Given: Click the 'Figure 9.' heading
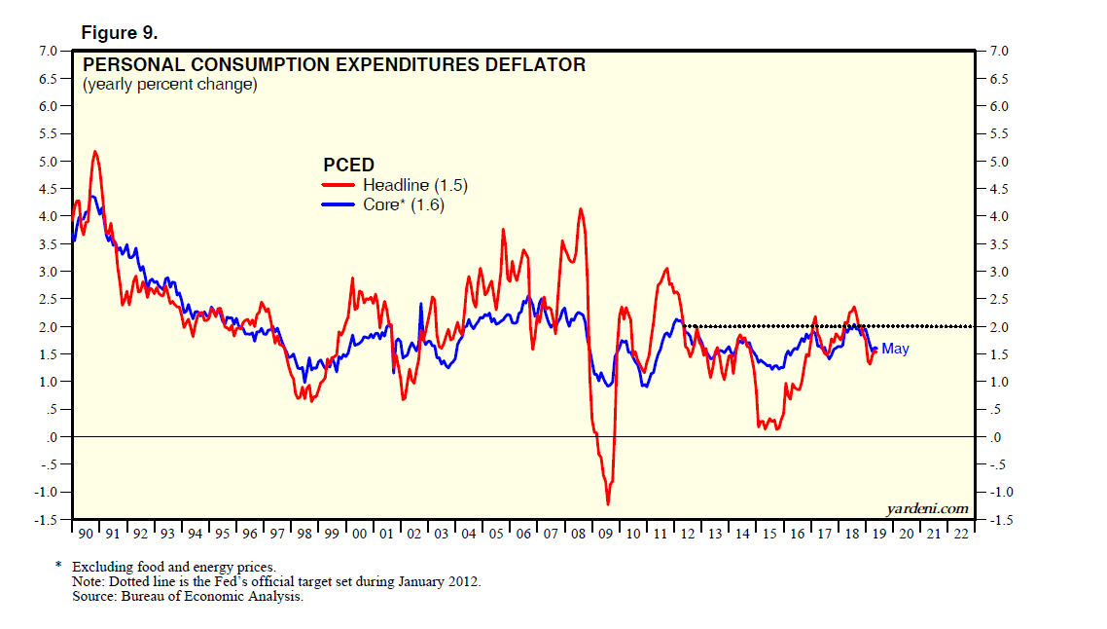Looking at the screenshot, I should (x=120, y=32).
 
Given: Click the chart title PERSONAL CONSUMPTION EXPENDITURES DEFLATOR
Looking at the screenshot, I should (x=334, y=65).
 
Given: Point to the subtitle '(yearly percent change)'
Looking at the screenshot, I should (x=169, y=85).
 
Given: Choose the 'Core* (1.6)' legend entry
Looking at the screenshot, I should (x=403, y=204).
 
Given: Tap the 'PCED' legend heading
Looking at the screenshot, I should (x=348, y=166).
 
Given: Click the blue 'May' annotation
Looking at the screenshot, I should (x=895, y=349).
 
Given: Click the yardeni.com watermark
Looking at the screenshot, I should (x=928, y=508).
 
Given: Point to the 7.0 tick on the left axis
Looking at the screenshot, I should (x=47, y=51).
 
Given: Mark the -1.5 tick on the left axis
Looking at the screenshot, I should (x=45, y=520).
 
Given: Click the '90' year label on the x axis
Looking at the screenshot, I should (x=84, y=535).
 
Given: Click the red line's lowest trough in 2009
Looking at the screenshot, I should (x=608, y=503).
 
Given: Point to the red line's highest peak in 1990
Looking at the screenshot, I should (x=94, y=151).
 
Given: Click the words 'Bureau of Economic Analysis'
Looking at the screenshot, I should (x=213, y=596).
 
